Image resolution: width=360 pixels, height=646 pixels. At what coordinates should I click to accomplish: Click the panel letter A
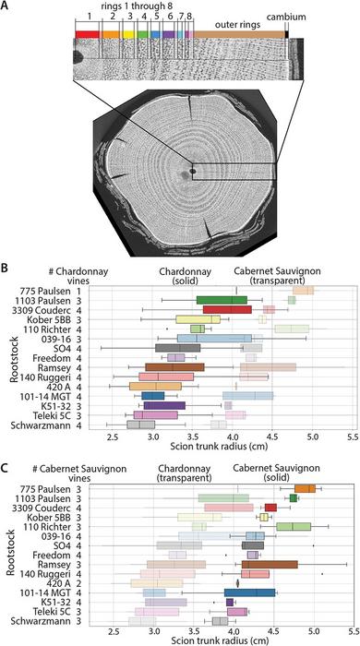coord(6,6)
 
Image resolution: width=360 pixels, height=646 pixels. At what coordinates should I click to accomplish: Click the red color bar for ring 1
coord(87,33)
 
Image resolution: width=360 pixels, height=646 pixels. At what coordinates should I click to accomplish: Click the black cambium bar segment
coord(288,34)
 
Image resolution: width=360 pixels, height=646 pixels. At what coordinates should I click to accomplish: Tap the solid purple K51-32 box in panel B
coord(164,405)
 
